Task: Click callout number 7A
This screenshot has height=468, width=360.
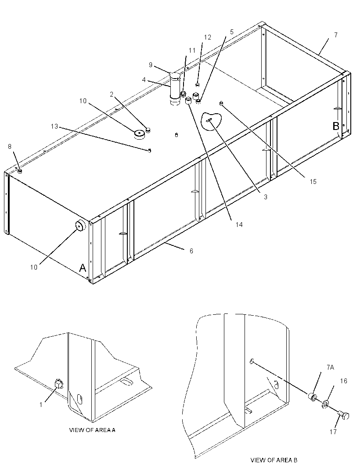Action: pos(330,367)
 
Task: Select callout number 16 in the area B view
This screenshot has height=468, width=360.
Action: pos(344,381)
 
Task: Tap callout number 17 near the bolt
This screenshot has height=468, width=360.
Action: pos(333,432)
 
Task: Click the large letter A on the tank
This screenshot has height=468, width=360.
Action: pos(83,268)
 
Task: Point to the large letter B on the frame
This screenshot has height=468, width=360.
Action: pos(336,126)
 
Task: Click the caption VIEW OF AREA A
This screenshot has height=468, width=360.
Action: pos(92,430)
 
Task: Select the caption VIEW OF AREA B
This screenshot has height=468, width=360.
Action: pos(274,460)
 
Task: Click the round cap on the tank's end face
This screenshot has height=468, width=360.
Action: pos(80,226)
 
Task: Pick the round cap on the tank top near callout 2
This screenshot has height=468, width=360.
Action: pos(139,134)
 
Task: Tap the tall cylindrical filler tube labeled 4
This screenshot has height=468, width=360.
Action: pos(175,89)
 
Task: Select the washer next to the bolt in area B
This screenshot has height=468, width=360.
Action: pos(325,404)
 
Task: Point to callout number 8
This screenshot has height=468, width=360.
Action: pos(10,147)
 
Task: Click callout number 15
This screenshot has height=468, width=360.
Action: pos(313,181)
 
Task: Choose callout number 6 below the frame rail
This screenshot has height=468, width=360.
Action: pos(191,251)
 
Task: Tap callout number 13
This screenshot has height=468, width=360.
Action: pos(54,126)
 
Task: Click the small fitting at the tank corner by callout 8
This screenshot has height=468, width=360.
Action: pos(20,171)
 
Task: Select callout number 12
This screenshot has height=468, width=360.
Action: pos(208,37)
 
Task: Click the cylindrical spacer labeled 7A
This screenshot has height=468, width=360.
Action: pos(312,397)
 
